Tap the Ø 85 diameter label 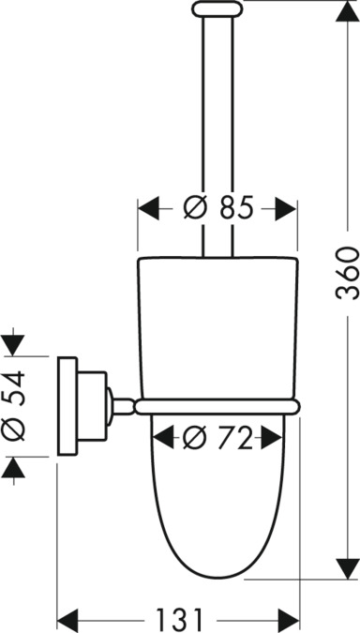point(218,207)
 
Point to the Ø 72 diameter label point(217,438)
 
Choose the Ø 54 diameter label point(13,406)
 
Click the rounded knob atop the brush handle point(217,8)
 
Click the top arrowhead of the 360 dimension point(347,11)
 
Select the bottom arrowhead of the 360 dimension point(347,568)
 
